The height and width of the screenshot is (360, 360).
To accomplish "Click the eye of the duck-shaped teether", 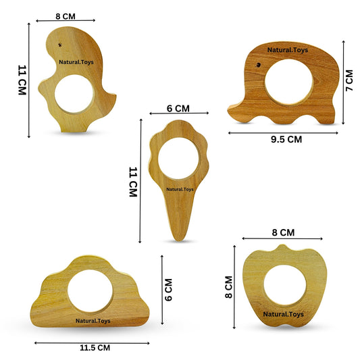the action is (60, 45).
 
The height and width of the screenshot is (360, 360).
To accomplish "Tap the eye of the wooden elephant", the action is (259, 65).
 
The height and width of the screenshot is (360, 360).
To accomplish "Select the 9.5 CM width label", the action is (286, 139).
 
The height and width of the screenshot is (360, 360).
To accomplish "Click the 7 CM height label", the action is (349, 80).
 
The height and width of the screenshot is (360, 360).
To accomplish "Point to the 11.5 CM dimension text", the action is (95, 348).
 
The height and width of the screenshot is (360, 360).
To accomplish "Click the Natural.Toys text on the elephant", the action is (288, 50).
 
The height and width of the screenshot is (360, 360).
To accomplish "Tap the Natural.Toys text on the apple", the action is (283, 314).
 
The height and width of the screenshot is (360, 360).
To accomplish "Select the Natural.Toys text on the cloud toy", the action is (93, 321).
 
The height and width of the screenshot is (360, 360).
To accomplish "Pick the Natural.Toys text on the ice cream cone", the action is (180, 189).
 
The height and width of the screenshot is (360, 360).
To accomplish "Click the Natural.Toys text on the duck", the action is (76, 62).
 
